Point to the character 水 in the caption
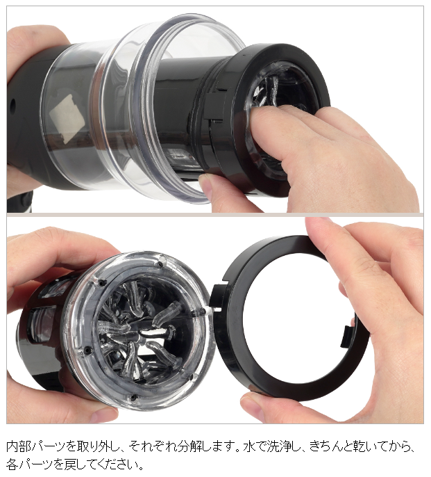[x=249, y=446]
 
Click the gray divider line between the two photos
[x=215, y=215]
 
